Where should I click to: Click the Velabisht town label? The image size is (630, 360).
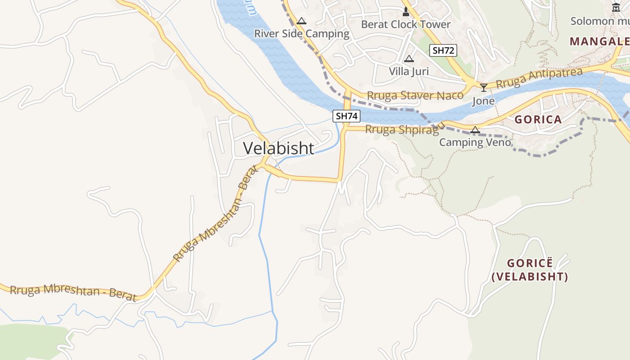click(279, 148)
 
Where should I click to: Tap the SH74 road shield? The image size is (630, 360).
click(346, 116)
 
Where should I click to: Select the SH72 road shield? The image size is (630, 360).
click(443, 50)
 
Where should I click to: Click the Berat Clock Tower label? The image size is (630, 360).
click(405, 24)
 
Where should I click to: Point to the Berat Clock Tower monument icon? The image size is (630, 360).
click(406, 12)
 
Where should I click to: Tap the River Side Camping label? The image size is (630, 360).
click(301, 34)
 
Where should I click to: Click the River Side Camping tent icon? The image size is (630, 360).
click(301, 21)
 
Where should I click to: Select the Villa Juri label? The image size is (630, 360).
click(409, 71)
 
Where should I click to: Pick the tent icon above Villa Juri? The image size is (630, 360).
click(409, 58)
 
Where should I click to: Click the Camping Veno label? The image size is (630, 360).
click(475, 143)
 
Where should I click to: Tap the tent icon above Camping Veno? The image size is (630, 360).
click(475, 130)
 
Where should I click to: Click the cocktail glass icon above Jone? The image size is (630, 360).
click(484, 87)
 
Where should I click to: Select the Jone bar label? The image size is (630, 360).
click(483, 101)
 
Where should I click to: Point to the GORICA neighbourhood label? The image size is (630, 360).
click(538, 120)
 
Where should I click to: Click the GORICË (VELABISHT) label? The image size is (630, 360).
click(530, 270)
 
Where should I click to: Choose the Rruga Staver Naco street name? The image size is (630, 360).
click(415, 95)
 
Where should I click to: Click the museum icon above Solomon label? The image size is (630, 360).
click(616, 7)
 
